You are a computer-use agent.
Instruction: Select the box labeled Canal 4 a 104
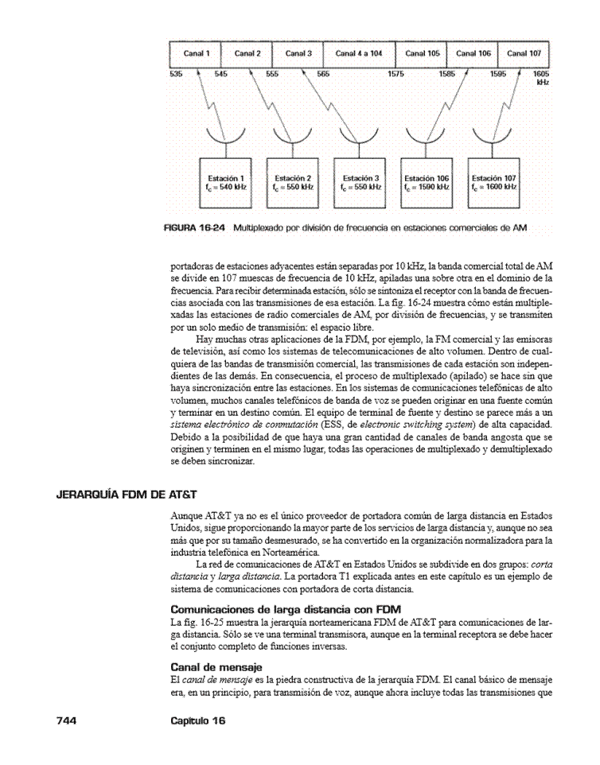(359, 53)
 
